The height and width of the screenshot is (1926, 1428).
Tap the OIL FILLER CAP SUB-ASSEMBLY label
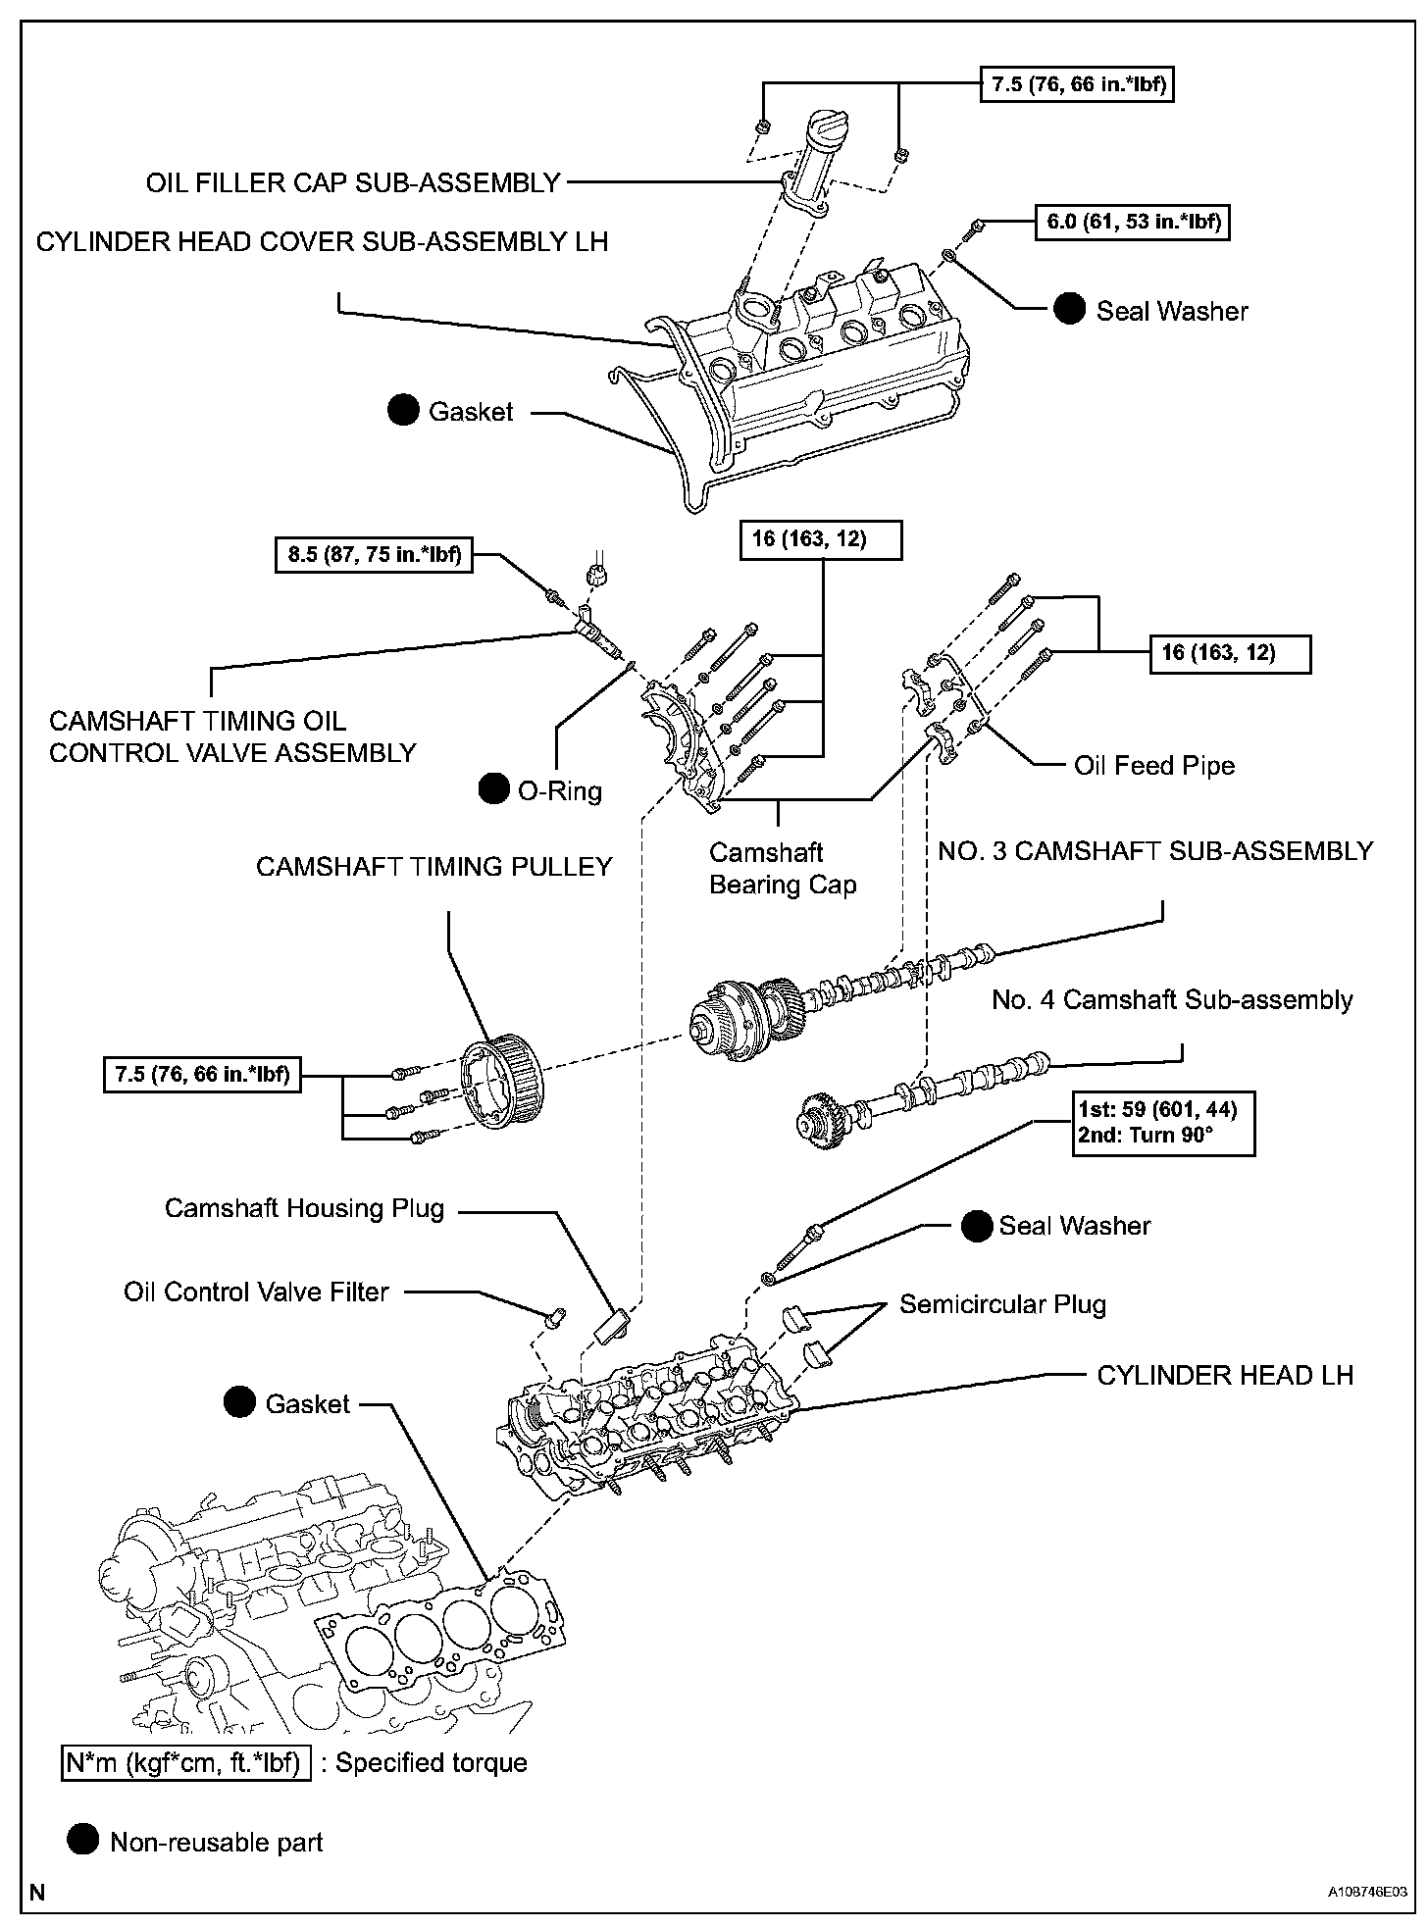click(x=353, y=182)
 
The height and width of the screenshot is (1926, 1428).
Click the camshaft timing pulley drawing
click(x=498, y=1087)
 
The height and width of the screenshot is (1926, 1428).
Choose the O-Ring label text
click(x=560, y=790)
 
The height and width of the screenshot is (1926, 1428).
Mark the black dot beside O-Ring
click(x=494, y=789)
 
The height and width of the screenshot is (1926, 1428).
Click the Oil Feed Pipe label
click(x=1154, y=766)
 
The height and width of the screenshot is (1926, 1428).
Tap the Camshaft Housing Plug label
click(x=304, y=1208)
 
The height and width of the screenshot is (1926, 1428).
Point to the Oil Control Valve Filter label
click(x=257, y=1292)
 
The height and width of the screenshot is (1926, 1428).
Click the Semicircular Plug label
click(x=1002, y=1304)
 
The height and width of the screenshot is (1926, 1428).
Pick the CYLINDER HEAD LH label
click(x=1225, y=1375)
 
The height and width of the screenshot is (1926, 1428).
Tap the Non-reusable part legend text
click(x=217, y=1843)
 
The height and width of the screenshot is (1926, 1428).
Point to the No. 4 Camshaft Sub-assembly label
click(x=1172, y=1000)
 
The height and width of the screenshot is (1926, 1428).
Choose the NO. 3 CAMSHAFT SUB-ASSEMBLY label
click(x=1155, y=851)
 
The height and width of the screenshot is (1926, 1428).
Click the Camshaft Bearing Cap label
click(x=783, y=869)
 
